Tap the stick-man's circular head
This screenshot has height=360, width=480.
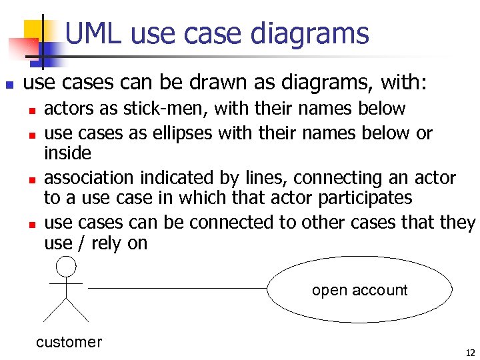66,267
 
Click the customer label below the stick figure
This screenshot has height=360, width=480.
69,342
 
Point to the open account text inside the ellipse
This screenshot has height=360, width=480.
359,290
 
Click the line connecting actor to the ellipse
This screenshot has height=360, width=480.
177,288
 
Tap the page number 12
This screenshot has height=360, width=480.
470,353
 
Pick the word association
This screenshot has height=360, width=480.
89,178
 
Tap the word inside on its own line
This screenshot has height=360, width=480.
67,153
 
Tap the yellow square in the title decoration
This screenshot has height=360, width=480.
35,30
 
